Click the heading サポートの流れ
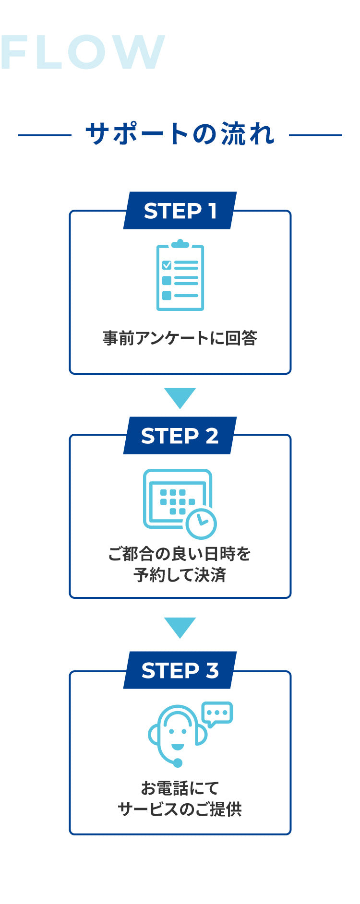[180, 134]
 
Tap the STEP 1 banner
[180, 211]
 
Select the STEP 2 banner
[180, 436]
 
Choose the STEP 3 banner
[180, 670]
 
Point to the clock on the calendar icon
[201, 523]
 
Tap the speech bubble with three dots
[217, 714]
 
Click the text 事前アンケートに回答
[180, 338]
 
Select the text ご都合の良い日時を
[180, 554]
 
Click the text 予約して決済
[180, 575]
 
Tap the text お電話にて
[180, 788]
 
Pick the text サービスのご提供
[180, 809]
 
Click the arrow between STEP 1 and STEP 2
[180, 397]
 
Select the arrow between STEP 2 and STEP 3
[180, 627]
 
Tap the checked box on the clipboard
[167, 265]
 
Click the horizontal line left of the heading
[44, 135]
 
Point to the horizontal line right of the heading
[315, 135]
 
